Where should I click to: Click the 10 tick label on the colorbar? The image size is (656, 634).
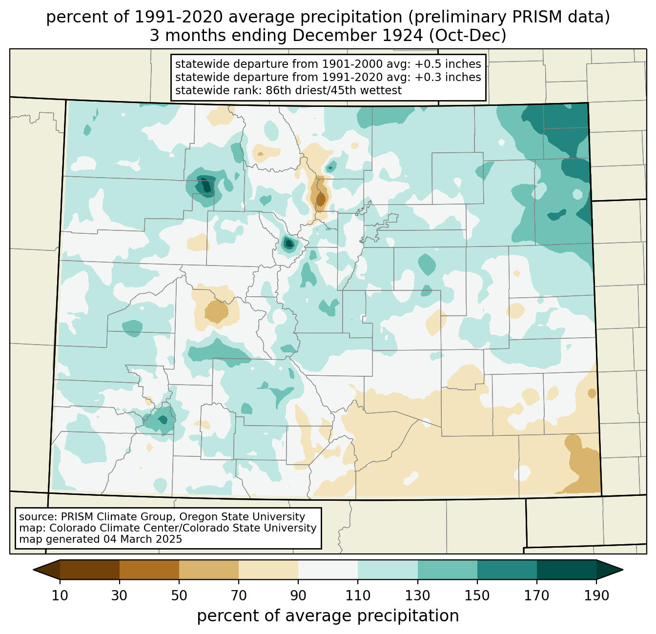60,596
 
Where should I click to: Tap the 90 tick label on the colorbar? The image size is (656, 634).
298,596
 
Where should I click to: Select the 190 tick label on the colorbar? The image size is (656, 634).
596,596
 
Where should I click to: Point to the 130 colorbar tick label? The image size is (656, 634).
418,596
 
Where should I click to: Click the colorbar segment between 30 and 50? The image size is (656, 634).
149,570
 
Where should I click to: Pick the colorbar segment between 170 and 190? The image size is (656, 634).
567,570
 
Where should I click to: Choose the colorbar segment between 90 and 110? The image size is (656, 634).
328,570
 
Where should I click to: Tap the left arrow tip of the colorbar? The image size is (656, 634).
33,570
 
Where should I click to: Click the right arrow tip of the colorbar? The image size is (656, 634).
623,570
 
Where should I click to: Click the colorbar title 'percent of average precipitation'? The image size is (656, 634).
328,616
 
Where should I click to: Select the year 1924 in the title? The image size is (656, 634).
404,36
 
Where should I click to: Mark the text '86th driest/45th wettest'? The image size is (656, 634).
333,90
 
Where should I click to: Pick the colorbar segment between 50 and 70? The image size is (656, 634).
209,570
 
